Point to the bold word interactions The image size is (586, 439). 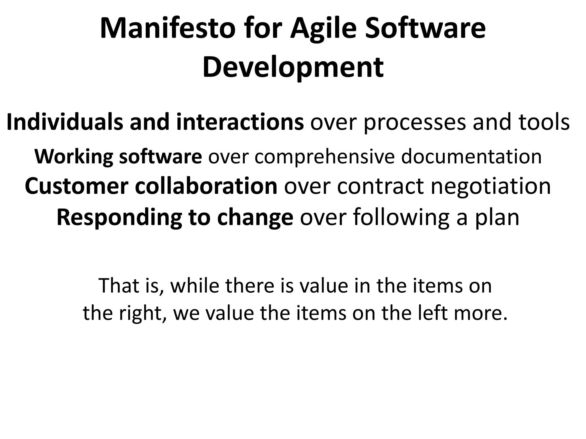[240, 122]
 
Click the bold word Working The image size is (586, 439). [74, 157]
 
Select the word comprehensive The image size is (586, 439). [324, 157]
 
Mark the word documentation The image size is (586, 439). [471, 157]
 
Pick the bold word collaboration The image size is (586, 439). [206, 186]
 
